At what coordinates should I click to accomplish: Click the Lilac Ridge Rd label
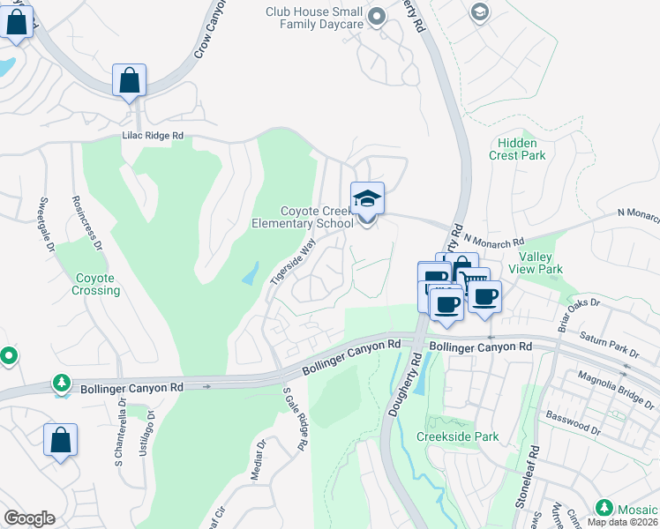point(153,136)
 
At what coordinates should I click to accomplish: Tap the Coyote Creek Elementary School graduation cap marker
point(367,199)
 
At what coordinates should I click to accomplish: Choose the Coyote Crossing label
point(96,284)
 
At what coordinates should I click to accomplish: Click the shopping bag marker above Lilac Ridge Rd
point(129,81)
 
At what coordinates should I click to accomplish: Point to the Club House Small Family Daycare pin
point(378,16)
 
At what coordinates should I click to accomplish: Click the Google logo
point(29,518)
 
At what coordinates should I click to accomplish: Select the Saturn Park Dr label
point(608,343)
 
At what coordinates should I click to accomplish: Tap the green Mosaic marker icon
point(604,507)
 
